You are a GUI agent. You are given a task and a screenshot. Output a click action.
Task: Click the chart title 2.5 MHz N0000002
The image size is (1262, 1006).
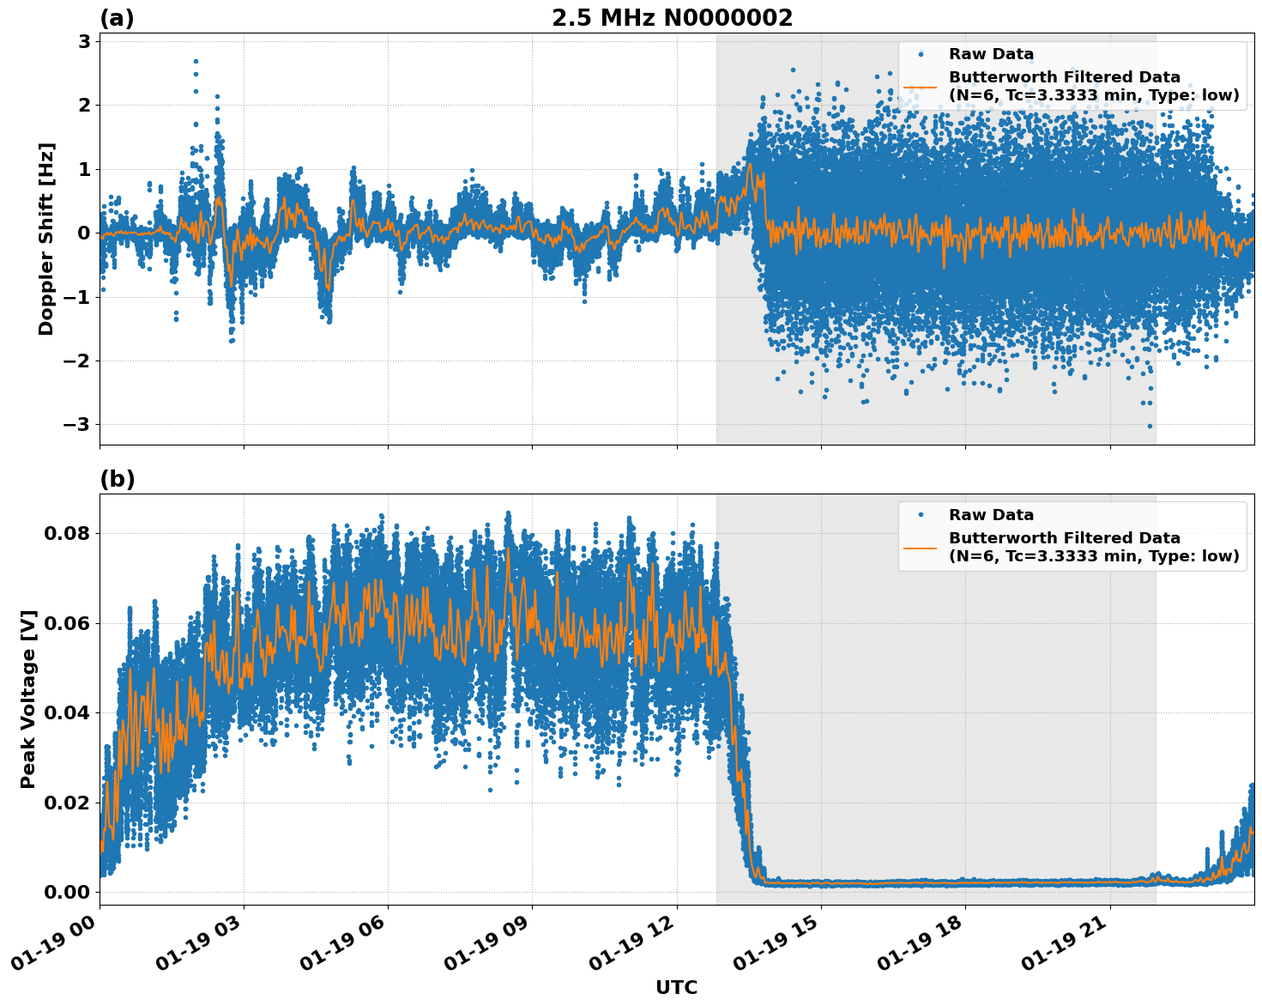click(672, 18)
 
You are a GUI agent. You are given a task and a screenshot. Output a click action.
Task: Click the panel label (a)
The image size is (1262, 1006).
click(117, 18)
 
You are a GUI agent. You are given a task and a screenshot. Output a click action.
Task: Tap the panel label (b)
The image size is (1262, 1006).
click(117, 479)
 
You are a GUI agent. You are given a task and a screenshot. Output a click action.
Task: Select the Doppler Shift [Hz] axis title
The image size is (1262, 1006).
click(46, 239)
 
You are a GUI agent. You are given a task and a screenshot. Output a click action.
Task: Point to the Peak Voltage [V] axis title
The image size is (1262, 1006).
click(28, 699)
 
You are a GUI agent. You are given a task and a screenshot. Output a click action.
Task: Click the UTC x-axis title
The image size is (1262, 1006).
click(676, 987)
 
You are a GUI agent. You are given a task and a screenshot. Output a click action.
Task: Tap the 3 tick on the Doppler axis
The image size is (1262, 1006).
click(83, 41)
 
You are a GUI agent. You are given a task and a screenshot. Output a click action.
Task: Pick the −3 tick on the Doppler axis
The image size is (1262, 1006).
click(76, 425)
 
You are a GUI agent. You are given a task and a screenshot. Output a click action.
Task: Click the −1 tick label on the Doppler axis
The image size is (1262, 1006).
click(76, 297)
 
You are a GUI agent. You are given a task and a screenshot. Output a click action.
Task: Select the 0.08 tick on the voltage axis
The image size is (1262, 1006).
click(68, 533)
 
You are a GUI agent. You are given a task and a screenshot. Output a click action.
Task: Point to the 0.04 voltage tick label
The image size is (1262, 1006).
click(68, 712)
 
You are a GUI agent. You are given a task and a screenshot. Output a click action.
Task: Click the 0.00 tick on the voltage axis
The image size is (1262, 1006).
click(68, 892)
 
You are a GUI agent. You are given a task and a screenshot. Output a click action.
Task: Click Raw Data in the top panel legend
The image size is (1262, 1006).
click(991, 54)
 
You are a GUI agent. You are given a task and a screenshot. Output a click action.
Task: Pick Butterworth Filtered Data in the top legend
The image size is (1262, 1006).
click(1064, 77)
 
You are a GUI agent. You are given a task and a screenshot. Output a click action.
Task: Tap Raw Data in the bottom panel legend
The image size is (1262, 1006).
click(991, 515)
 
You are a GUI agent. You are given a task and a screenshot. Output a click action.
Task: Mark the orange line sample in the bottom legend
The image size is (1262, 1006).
click(921, 547)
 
